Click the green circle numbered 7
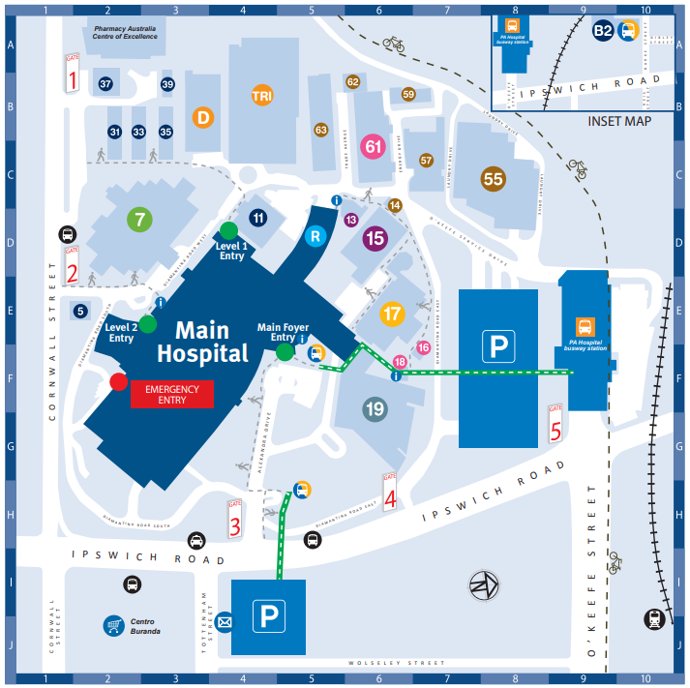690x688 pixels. [140, 219]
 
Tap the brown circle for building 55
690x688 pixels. [494, 178]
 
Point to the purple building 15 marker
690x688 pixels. [375, 238]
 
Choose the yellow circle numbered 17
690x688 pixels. [391, 314]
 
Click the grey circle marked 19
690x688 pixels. [375, 409]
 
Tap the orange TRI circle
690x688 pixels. [262, 96]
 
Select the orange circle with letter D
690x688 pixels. [203, 117]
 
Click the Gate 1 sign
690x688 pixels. [73, 74]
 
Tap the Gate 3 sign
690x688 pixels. [234, 520]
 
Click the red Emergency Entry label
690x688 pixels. [171, 393]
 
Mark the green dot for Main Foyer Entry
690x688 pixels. [285, 353]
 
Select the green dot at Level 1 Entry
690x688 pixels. [228, 230]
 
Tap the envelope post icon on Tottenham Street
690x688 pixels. [225, 621]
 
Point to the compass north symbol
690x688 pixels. [483, 584]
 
